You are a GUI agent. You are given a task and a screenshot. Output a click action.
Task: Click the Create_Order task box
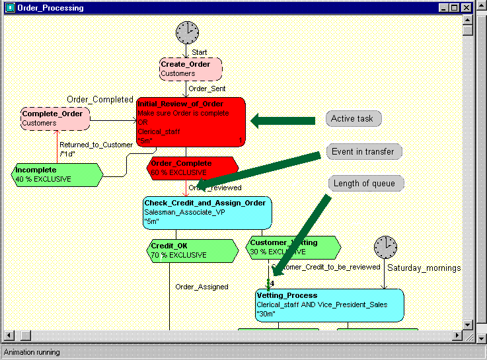coord(190,69)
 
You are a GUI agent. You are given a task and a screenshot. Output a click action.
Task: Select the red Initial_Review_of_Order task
coord(191,122)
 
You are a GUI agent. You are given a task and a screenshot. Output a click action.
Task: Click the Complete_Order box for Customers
coord(56,118)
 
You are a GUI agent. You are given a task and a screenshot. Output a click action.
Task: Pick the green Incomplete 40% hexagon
coord(57,174)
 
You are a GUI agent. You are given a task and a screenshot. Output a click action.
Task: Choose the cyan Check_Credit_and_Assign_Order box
coord(207,212)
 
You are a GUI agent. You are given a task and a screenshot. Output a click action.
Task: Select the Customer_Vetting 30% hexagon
coord(293,247)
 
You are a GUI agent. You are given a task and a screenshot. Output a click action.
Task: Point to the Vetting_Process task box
coord(329,305)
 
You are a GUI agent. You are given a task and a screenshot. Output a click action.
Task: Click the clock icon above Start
coord(187,32)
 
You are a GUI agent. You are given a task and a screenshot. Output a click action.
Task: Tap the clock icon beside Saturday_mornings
coord(385,247)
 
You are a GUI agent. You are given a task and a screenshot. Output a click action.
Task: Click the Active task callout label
coord(353,119)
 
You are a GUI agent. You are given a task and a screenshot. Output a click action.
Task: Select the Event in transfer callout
coord(363,151)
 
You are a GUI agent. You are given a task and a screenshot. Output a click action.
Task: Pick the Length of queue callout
coord(364,183)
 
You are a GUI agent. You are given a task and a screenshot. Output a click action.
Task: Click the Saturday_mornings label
coord(424,268)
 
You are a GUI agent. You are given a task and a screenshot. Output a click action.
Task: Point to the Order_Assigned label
coord(202,287)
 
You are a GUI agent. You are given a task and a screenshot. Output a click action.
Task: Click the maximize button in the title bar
coord(454,8)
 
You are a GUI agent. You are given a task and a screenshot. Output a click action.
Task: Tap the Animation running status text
coord(32,352)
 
